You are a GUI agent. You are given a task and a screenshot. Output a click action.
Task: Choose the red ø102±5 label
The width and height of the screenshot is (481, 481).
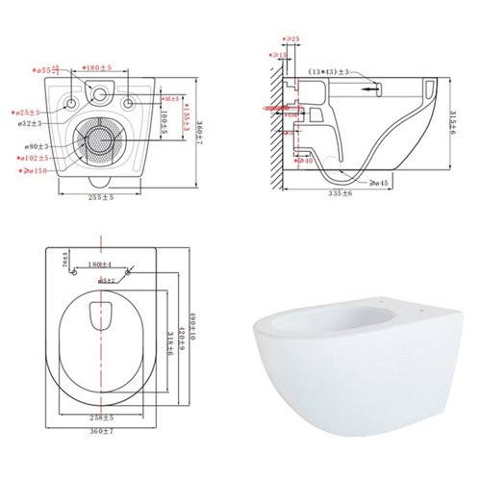click(x=38, y=157)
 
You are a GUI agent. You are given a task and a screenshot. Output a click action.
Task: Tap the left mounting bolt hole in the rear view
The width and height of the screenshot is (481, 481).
click(x=74, y=103)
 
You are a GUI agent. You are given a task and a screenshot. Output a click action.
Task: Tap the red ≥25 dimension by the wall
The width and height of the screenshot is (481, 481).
click(x=292, y=38)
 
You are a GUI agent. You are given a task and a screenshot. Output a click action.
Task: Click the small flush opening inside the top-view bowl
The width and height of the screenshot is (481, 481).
click(x=100, y=314)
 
